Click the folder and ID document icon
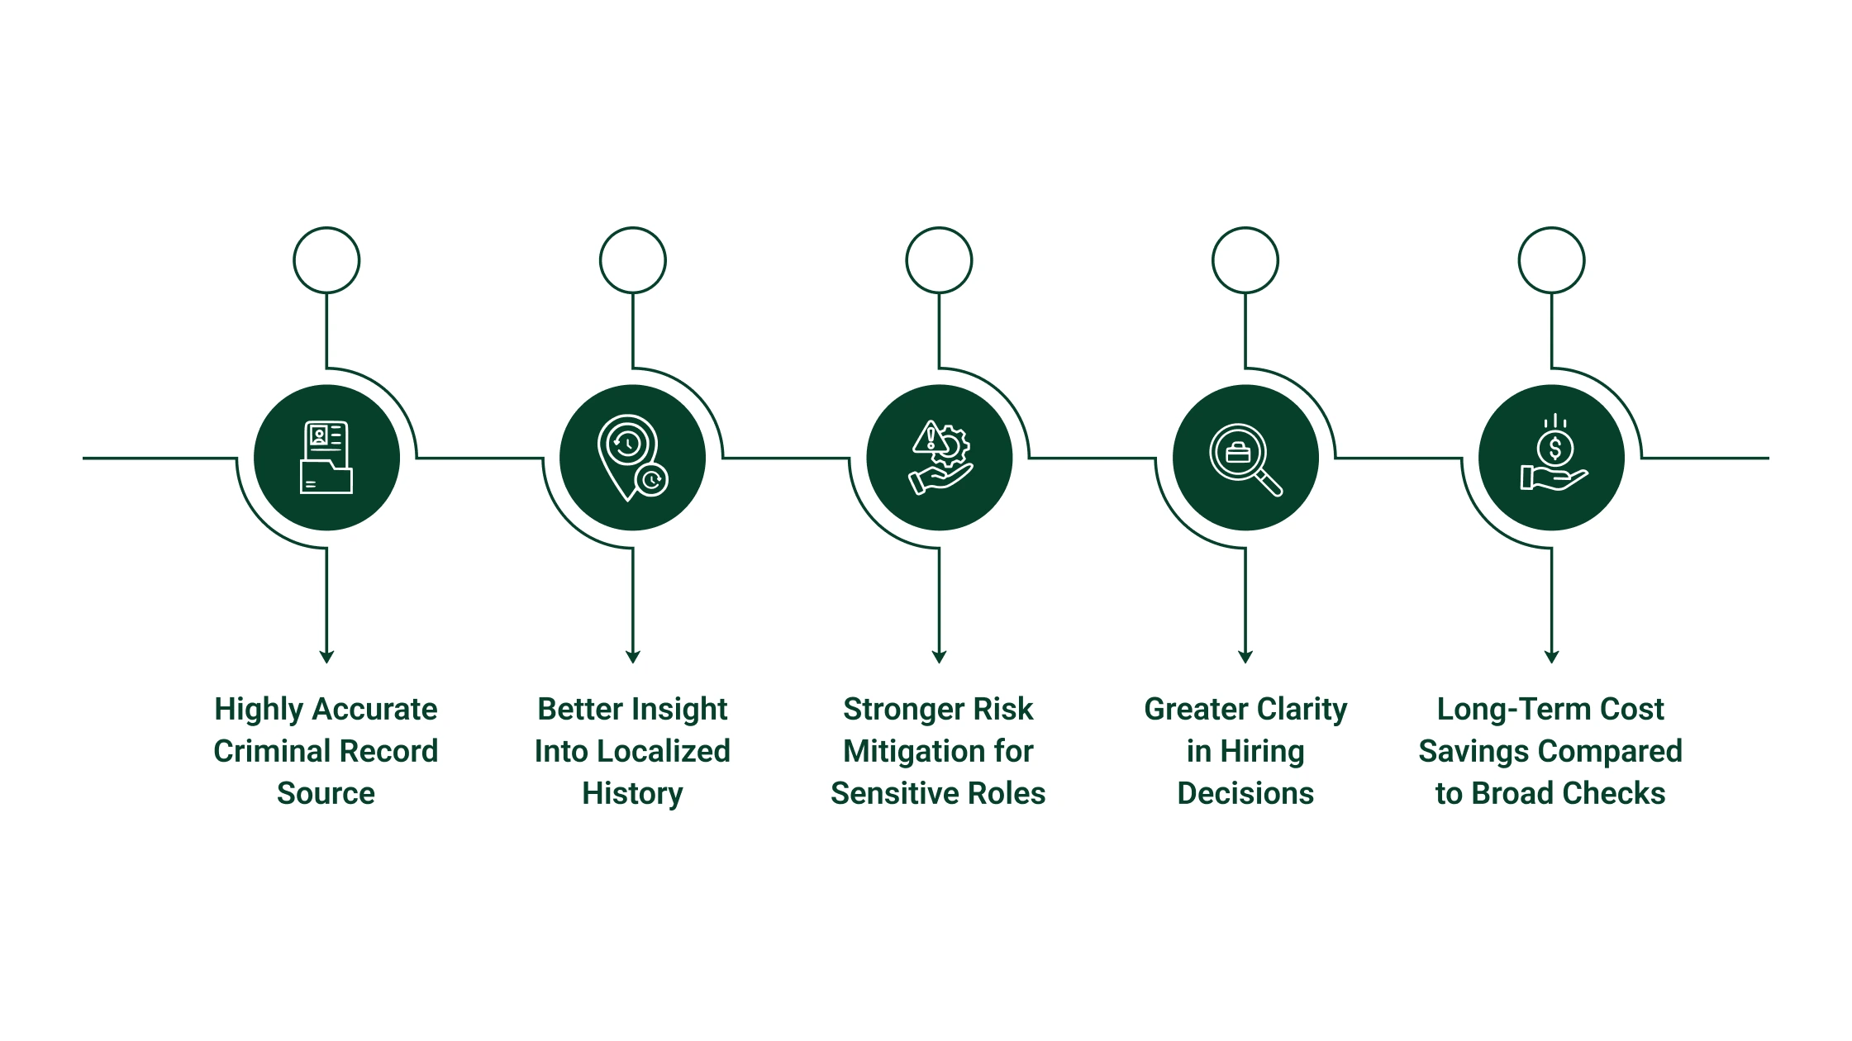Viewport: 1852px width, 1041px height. point(326,457)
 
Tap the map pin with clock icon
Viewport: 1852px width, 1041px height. point(633,458)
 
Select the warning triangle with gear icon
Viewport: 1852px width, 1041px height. point(940,457)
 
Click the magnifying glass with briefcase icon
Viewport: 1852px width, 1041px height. point(1245,459)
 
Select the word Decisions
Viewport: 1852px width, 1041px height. point(1245,793)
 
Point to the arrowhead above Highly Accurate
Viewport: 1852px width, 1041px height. point(326,657)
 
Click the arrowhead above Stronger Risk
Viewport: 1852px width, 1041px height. point(939,657)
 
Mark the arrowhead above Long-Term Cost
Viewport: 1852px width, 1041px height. point(1551,657)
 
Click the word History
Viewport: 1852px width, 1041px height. point(632,794)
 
